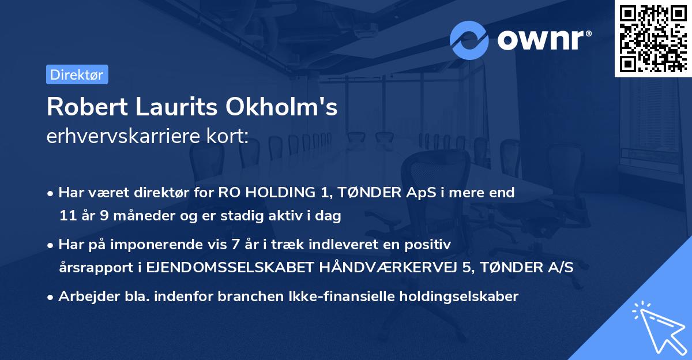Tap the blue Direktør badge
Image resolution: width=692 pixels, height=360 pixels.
(x=77, y=74)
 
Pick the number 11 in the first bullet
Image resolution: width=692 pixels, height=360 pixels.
(x=67, y=216)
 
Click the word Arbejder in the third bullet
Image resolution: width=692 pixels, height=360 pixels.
(x=85, y=297)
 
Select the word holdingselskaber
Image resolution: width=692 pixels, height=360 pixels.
(x=459, y=297)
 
